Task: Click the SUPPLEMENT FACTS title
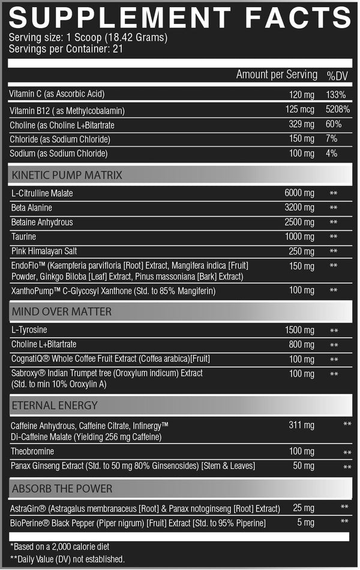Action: (180, 17)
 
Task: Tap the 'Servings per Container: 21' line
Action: (66, 49)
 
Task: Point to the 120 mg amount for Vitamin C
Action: (302, 95)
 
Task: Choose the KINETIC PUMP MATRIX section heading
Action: (67, 175)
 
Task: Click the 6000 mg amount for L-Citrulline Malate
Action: (299, 193)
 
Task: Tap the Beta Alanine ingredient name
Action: (32, 208)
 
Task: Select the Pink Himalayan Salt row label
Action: (43, 251)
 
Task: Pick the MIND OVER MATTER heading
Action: (62, 312)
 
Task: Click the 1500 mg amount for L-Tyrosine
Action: (299, 330)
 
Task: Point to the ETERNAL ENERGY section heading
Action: (54, 406)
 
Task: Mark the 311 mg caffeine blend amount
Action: (301, 425)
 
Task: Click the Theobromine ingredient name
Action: (32, 451)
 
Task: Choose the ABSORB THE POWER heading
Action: (62, 488)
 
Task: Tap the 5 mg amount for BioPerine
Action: (305, 523)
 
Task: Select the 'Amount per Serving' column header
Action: (277, 75)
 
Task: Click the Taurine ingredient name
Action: (24, 236)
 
